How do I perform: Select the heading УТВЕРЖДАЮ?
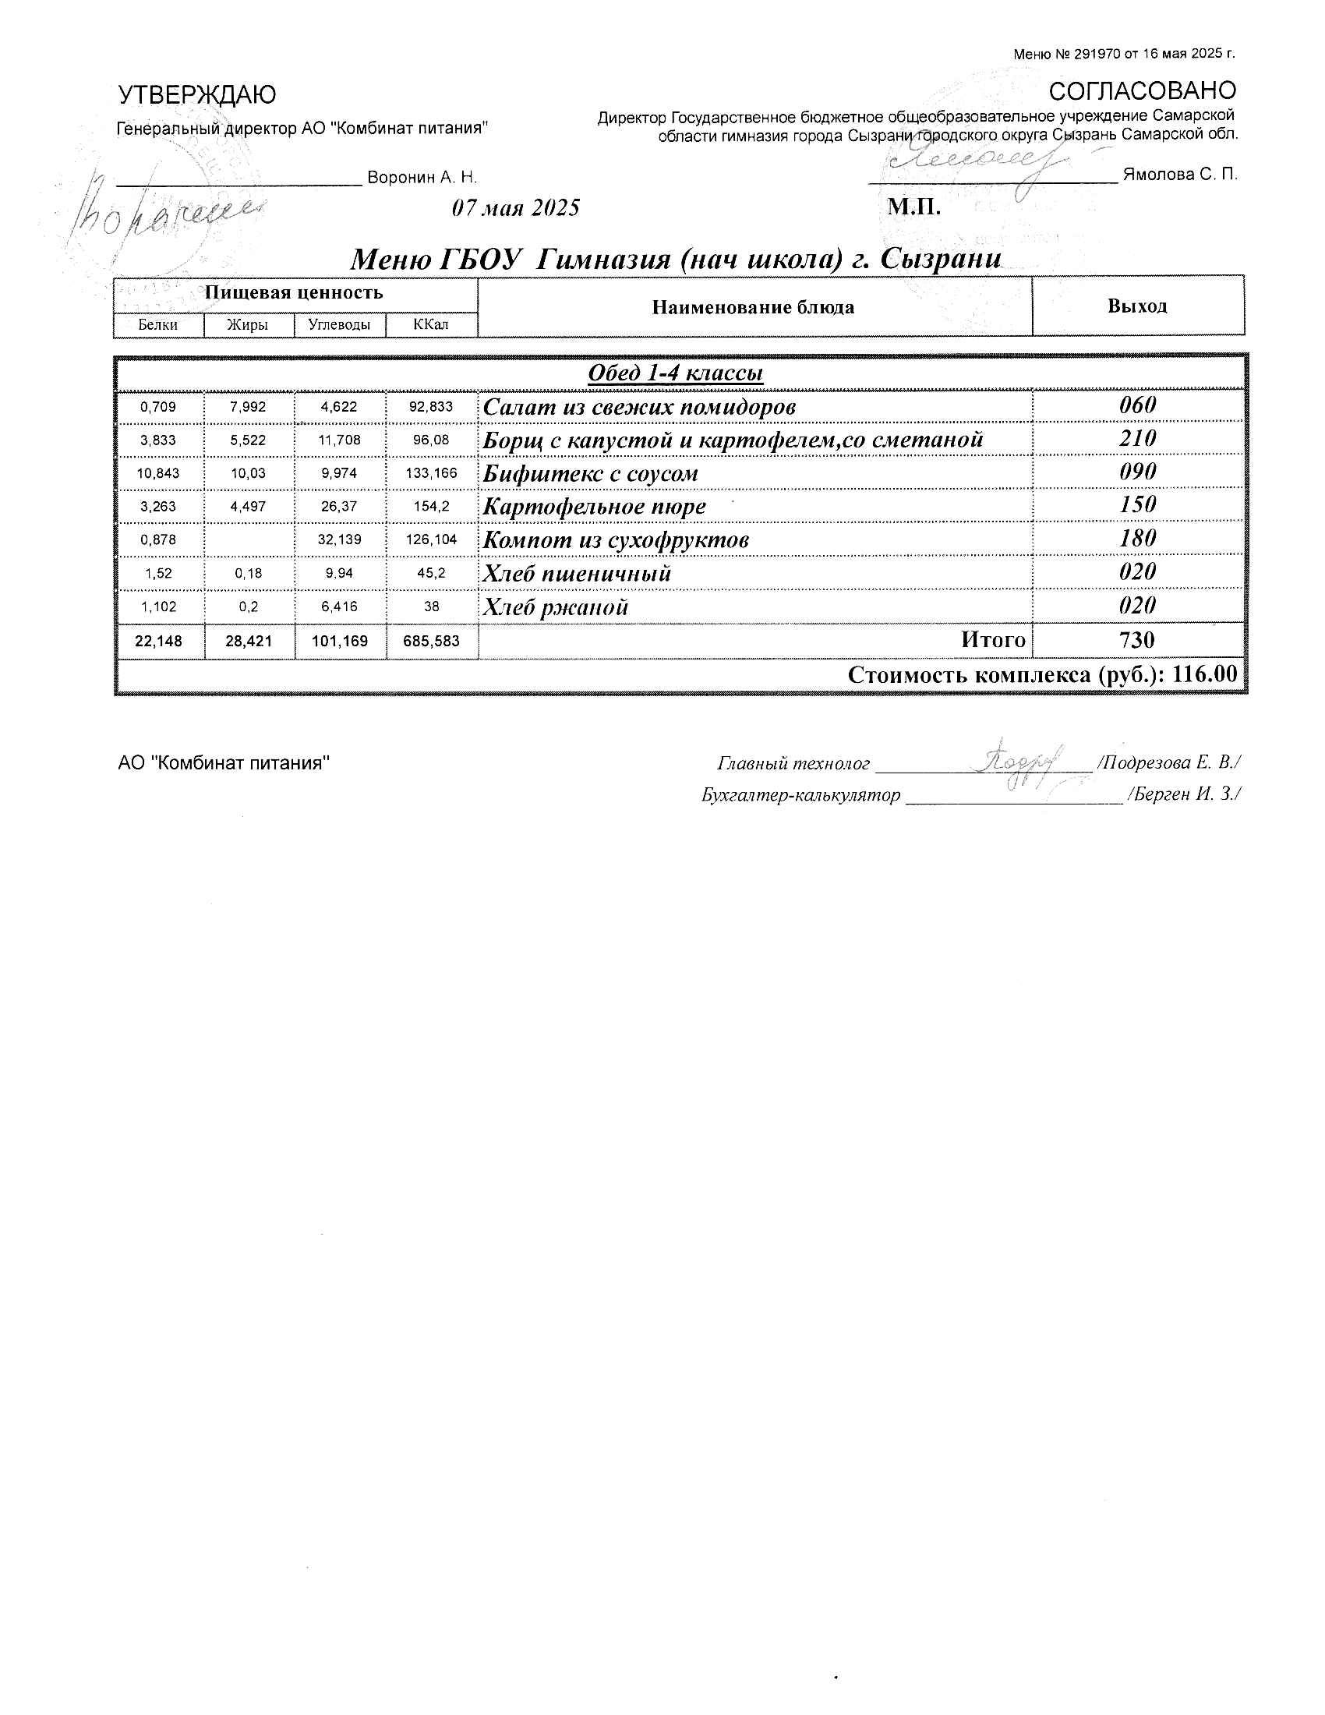click(x=197, y=95)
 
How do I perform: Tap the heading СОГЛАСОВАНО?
click(x=1142, y=91)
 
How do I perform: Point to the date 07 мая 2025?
click(x=516, y=208)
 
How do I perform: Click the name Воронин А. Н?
click(x=422, y=178)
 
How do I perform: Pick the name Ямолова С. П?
click(x=1180, y=175)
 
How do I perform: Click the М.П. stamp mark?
click(x=913, y=207)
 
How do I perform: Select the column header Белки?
click(x=157, y=324)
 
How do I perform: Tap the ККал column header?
click(x=431, y=324)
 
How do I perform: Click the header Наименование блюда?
click(x=753, y=307)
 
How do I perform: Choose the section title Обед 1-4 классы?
click(x=675, y=372)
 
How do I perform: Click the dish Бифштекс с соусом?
click(x=590, y=473)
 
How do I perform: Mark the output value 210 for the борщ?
click(x=1137, y=438)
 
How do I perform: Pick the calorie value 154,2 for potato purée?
click(x=432, y=507)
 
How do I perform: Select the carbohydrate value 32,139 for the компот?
click(x=339, y=539)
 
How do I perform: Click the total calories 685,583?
click(x=431, y=641)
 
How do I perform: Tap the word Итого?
click(x=993, y=640)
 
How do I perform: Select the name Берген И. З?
click(x=1185, y=794)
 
